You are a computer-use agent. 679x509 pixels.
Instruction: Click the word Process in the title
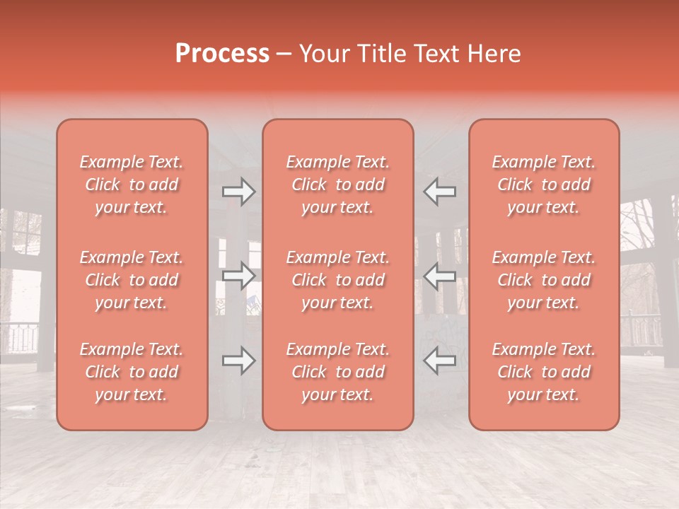pos(222,54)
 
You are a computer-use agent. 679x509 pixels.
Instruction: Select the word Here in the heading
pos(495,54)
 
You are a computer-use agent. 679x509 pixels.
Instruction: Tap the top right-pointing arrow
pos(239,192)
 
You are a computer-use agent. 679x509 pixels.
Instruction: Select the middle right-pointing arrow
pos(239,275)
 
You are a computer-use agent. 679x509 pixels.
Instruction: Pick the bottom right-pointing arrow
pos(239,361)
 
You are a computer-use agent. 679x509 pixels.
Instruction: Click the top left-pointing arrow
pos(440,192)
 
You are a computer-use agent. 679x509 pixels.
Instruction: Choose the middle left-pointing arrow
pos(440,275)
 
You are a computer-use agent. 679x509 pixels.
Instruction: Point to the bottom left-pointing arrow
pos(440,361)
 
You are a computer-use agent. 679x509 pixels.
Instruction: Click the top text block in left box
pos(132,185)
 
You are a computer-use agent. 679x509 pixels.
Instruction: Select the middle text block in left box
pos(132,280)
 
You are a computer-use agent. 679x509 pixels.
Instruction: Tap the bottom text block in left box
pos(132,372)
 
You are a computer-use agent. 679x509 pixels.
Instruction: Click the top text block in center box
pos(337,185)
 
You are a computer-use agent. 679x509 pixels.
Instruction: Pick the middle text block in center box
pos(337,280)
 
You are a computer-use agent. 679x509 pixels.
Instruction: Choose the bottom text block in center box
pos(337,372)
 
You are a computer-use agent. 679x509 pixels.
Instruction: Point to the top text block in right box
pos(543,185)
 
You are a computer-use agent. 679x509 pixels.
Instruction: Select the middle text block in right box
pos(543,280)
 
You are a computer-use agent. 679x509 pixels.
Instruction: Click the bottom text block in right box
pos(543,372)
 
